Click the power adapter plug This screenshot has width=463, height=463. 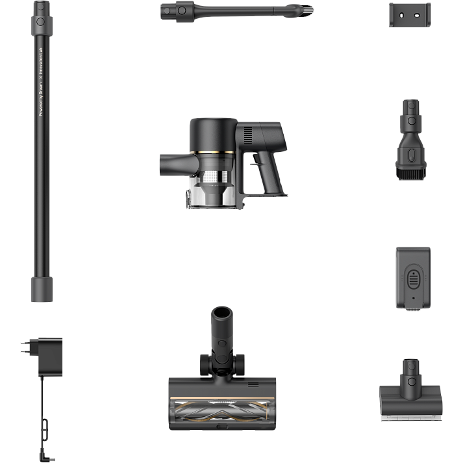click(50, 357)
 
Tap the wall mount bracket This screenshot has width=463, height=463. click(409, 15)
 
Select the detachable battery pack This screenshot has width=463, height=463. click(414, 280)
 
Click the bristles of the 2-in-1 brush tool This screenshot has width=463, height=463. click(409, 175)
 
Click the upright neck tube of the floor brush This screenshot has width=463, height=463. click(219, 328)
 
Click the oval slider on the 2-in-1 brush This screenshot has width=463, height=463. click(409, 155)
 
